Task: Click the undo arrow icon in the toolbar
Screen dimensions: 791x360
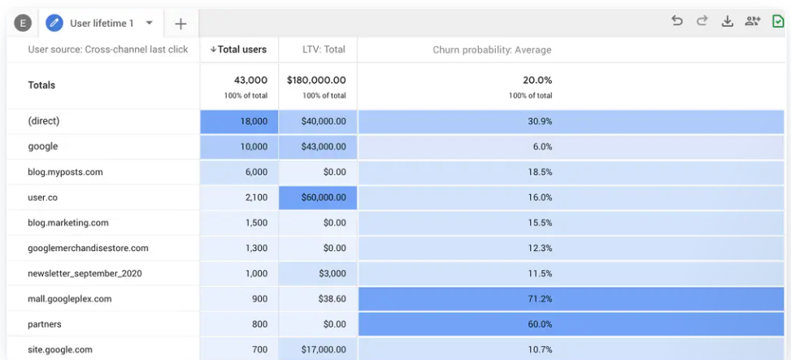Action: (677, 21)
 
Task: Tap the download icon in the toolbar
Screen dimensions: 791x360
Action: (727, 21)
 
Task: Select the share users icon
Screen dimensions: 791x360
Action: (753, 21)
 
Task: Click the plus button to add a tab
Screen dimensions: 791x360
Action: (180, 24)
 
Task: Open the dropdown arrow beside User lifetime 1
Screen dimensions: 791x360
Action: (149, 23)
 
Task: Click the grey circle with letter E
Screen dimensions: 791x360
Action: (23, 23)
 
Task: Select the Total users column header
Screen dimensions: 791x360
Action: (239, 50)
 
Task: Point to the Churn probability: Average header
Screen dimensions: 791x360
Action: (492, 50)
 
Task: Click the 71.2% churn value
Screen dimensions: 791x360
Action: (540, 299)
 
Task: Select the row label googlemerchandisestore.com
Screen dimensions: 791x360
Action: (89, 248)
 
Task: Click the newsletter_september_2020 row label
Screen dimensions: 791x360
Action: (85, 274)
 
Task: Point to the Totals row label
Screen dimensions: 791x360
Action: (41, 85)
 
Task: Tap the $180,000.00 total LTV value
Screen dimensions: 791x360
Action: (316, 80)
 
